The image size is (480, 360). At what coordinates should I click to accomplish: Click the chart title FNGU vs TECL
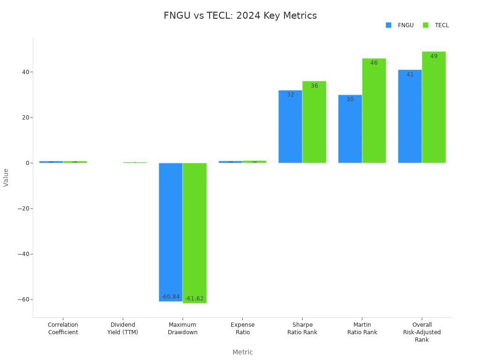[x=240, y=15]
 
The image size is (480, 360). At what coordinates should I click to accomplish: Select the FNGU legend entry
[x=400, y=25]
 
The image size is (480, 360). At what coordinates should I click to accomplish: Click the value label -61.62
[x=195, y=299]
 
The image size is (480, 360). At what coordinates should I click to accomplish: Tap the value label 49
[x=434, y=56]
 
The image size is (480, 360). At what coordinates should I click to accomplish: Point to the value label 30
[x=350, y=99]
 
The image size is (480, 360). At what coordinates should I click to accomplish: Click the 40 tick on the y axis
[x=24, y=72]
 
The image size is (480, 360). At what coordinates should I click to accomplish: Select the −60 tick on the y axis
[x=22, y=300]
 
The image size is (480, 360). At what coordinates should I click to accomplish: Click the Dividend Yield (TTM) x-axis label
[x=123, y=328]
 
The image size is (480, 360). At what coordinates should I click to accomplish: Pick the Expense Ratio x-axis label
[x=242, y=328]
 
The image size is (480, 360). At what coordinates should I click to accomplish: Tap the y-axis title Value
[x=6, y=177]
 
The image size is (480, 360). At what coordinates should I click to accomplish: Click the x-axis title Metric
[x=242, y=352]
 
